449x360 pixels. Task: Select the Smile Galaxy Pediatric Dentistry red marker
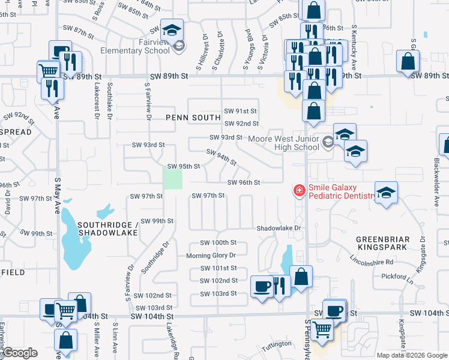point(298,190)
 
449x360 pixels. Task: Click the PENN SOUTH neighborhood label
point(190,118)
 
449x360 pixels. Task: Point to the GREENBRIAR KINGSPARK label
point(382,242)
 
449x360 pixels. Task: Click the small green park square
point(173,179)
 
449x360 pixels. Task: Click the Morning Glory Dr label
point(211,255)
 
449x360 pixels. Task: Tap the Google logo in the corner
point(20,353)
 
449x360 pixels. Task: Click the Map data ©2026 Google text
point(412,355)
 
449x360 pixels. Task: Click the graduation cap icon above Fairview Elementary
point(172,29)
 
